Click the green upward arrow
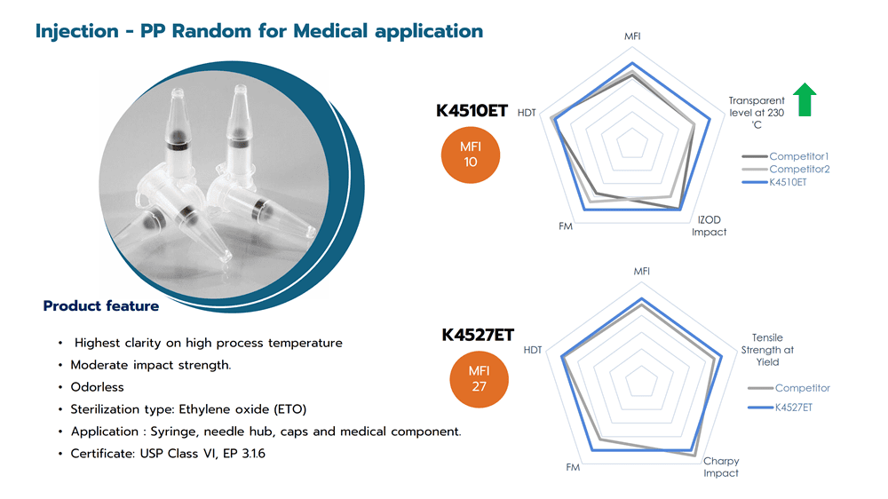coord(805,99)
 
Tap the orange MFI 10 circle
coord(470,154)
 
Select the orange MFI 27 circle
coord(480,379)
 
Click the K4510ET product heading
coord(472,110)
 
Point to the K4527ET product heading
coord(478,335)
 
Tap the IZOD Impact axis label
coord(709,226)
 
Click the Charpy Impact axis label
coord(721,467)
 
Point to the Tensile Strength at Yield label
coord(767,350)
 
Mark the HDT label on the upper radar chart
coord(527,113)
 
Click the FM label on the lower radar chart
coord(573,467)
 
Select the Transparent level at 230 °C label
coord(757,112)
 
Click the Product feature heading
coord(101,305)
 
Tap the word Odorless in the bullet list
coord(97,387)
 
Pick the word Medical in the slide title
coord(330,30)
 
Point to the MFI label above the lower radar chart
coord(642,272)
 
